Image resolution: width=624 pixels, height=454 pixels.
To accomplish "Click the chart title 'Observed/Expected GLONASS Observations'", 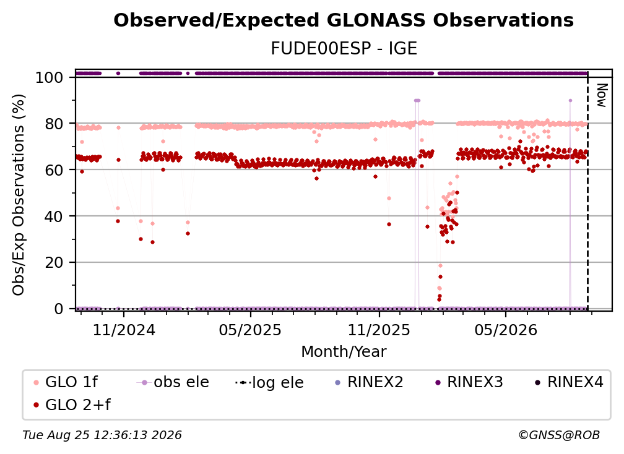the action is point(344,20).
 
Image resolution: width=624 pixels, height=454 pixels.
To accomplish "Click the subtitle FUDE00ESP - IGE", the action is point(344,48).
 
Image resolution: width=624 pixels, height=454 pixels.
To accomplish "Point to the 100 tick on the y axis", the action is point(49,77).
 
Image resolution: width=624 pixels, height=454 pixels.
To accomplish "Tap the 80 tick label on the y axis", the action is point(54,124).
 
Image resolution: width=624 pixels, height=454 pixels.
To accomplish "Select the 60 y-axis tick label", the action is point(54,169).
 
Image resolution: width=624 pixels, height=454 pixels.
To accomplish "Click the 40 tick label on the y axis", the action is point(54,216).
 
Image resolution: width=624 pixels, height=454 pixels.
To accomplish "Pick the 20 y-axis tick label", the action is point(54,262).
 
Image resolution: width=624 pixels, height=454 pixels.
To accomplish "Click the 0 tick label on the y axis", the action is point(59,309).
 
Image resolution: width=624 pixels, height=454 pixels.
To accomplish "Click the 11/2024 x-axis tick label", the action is point(124,330).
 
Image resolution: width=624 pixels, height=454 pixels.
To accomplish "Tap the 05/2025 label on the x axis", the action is point(250,330).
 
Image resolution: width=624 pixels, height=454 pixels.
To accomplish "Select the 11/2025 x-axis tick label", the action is point(379,330).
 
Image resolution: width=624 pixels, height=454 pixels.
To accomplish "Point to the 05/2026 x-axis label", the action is point(506,330).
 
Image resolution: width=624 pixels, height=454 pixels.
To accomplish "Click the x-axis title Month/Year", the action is point(344,351).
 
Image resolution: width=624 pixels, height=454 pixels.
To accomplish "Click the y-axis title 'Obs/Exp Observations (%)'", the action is point(19,195).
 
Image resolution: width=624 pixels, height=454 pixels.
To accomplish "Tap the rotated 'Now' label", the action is point(602,95).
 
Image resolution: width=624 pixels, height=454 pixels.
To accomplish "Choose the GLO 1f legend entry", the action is point(66,382).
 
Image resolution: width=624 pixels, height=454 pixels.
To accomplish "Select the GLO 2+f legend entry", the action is point(72,405).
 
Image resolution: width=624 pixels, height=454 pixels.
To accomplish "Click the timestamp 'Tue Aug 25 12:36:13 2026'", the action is point(102,435).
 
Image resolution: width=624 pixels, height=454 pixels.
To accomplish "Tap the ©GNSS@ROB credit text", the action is point(559,435).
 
